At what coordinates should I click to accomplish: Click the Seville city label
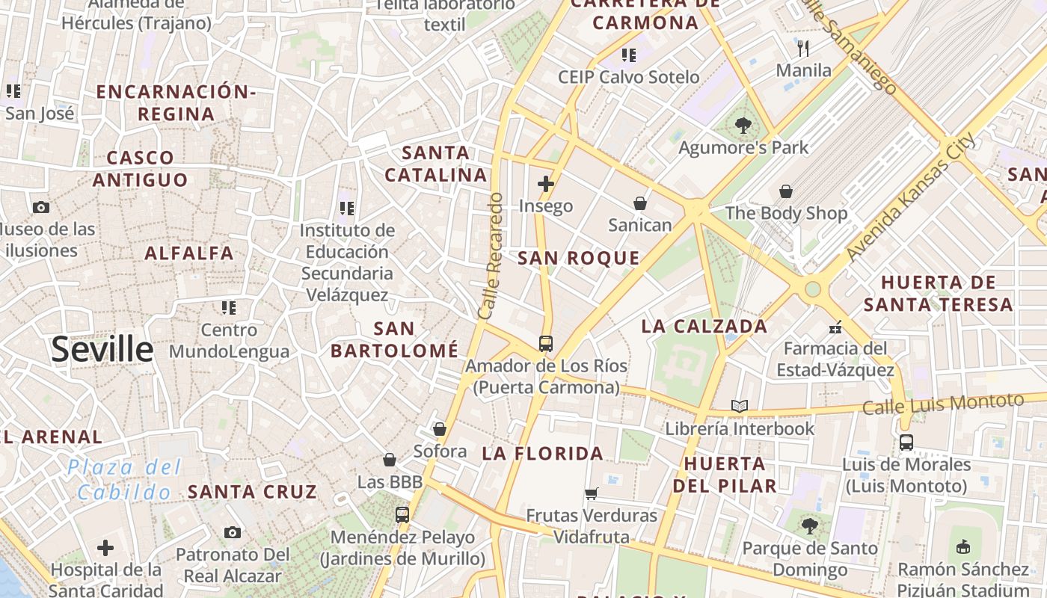coord(102,349)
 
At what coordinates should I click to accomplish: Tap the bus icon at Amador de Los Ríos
coord(546,344)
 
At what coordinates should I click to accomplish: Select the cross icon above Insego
coord(546,183)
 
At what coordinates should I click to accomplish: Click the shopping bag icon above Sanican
coord(640,203)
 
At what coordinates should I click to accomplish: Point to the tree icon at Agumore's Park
coord(743,126)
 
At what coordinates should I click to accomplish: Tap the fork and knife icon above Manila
coord(804,49)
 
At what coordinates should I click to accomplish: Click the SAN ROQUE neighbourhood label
coord(579,259)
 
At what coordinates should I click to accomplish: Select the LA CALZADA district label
coord(704,327)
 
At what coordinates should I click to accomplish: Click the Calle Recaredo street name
coord(491,256)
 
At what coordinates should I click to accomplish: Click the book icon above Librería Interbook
coord(740,407)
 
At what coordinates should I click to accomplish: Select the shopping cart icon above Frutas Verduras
coord(592,493)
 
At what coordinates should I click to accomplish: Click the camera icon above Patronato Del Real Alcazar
coord(233,533)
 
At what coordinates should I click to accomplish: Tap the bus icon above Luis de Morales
coord(906,443)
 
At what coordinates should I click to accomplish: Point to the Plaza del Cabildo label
coord(124,480)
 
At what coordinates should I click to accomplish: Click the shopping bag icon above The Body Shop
coord(786,191)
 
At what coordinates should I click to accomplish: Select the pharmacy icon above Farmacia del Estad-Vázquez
coord(835,327)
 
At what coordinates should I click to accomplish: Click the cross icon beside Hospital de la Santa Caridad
coord(105,548)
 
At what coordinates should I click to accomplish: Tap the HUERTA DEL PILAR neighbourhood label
coord(725,475)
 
